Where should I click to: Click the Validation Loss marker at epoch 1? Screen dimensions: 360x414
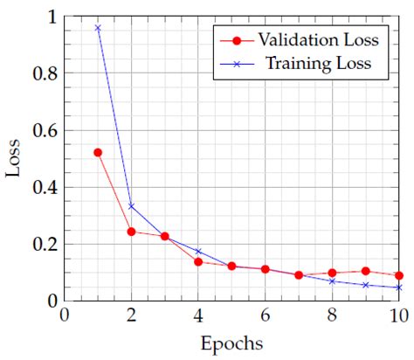coord(98,152)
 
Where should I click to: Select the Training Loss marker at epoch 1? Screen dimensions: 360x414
coord(98,28)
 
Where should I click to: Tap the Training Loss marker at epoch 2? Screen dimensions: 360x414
coord(131,206)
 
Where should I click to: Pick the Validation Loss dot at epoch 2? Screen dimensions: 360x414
coord(131,232)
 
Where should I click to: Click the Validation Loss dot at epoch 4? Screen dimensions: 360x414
coord(198,261)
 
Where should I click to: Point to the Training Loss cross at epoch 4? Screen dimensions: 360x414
coord(198,252)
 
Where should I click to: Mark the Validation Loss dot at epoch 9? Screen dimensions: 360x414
coord(365,271)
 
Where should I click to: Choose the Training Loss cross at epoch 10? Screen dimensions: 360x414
coord(399,287)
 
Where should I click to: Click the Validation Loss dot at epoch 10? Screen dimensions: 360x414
coord(399,275)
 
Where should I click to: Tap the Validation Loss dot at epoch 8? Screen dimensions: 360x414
coord(332,273)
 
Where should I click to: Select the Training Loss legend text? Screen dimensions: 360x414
coord(319,63)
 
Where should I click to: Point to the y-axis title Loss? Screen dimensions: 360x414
coord(14,158)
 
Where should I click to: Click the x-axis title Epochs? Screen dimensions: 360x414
coord(231,343)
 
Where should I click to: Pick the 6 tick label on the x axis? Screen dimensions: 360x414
coord(265,314)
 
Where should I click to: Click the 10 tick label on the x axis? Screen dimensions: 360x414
coord(398,314)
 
